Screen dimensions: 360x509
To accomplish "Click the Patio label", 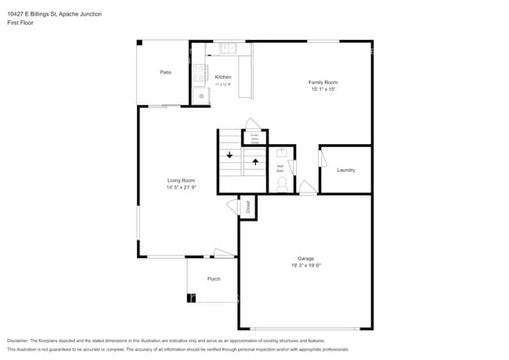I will click(x=165, y=72).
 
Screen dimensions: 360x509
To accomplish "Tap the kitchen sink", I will click(x=226, y=49).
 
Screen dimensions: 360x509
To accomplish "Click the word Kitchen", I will click(x=223, y=77).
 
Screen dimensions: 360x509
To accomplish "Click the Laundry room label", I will click(x=346, y=170).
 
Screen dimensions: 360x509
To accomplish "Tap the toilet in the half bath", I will click(x=283, y=184).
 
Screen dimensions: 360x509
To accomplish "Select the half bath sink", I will click(x=283, y=153).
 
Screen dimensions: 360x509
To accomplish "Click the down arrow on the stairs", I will click(x=229, y=155).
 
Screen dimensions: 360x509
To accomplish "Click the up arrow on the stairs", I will click(x=255, y=163).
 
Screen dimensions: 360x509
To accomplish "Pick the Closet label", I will click(x=248, y=207).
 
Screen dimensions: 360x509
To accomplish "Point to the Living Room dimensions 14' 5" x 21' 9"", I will click(x=181, y=187).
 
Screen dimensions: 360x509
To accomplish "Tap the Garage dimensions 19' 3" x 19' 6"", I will click(x=305, y=265).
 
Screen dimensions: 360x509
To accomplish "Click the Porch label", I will click(x=213, y=279).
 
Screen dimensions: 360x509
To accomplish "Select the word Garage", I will click(x=305, y=258).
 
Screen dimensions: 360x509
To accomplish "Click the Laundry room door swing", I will click(x=321, y=157).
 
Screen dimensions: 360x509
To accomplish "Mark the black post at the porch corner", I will click(x=190, y=297).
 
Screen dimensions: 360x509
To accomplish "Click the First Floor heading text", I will click(x=20, y=23).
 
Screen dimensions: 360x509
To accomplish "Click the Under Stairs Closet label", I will click(x=254, y=138).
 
